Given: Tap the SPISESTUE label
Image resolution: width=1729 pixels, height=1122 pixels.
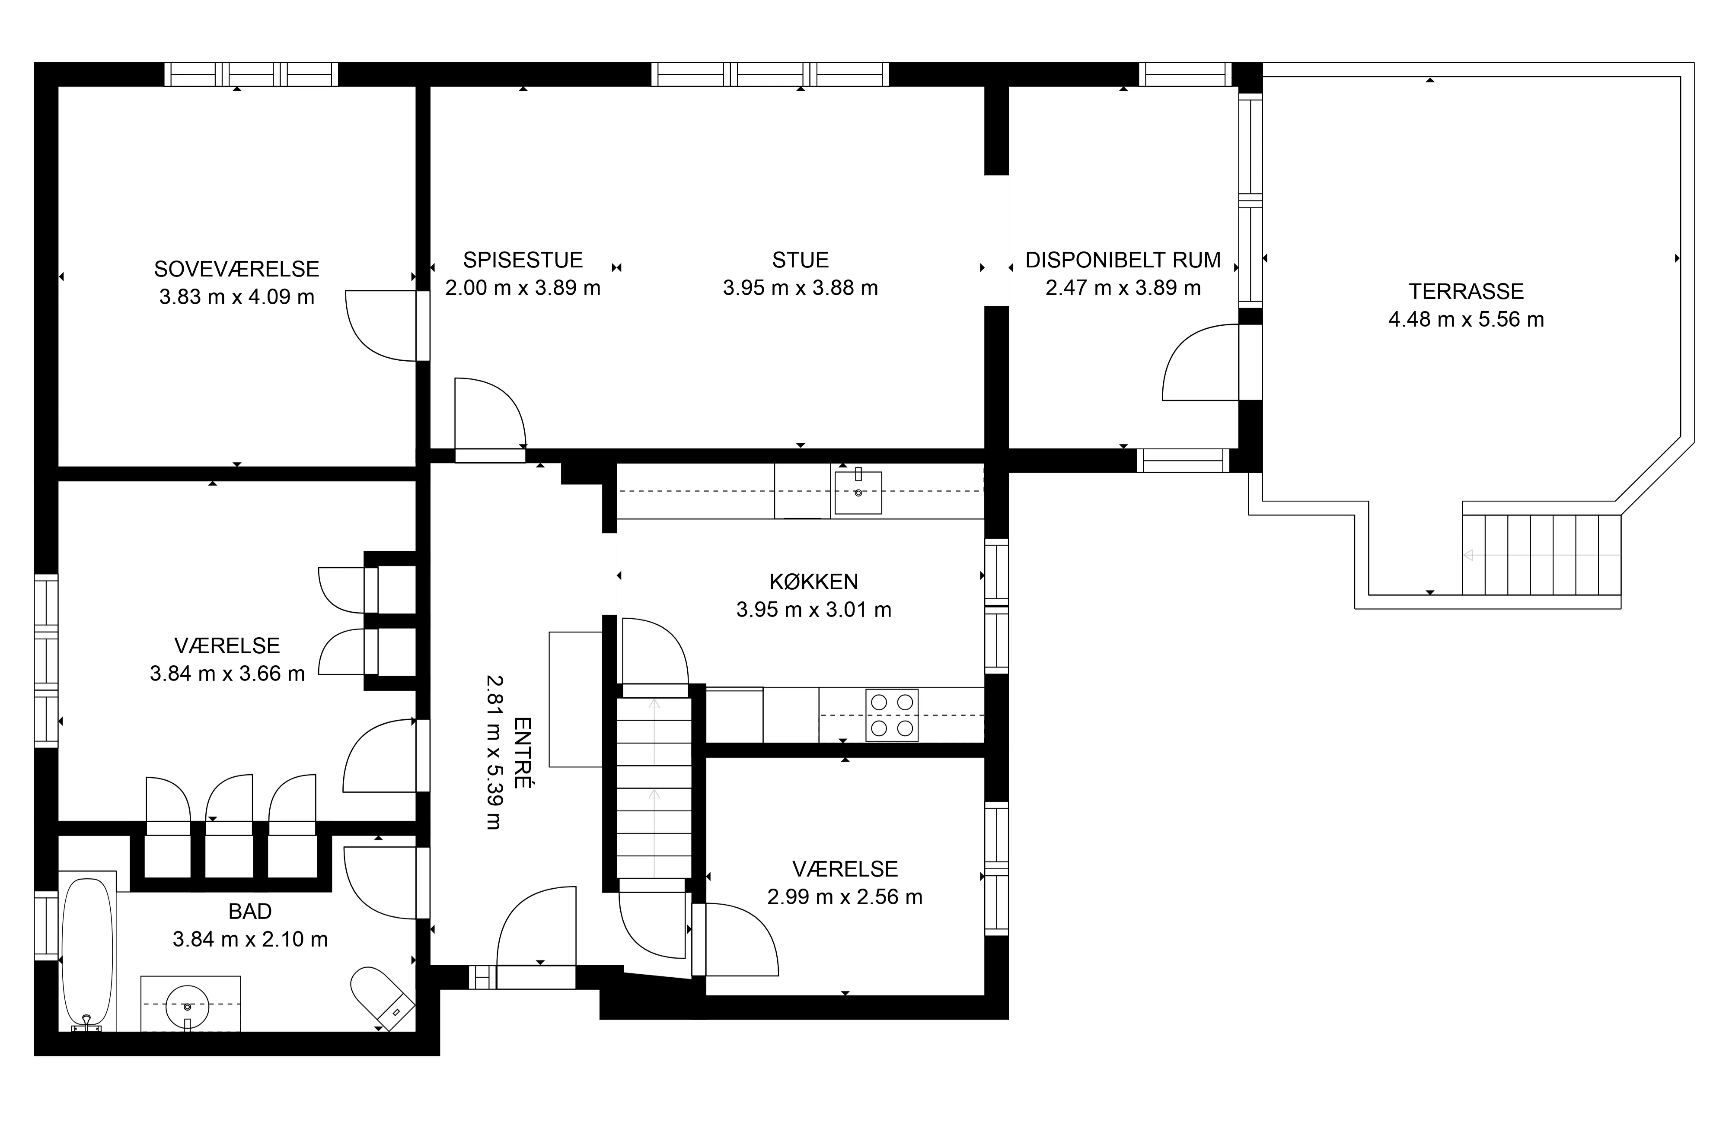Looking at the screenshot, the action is point(523,260).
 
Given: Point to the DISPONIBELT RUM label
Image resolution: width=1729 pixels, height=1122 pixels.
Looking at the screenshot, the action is point(1123,260).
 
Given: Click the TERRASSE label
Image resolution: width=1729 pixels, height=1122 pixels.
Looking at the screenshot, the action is point(1466,291).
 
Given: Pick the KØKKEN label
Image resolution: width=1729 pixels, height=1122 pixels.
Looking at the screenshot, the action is point(813,582).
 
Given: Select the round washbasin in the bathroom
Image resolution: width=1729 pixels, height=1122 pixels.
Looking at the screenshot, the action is point(188,1007).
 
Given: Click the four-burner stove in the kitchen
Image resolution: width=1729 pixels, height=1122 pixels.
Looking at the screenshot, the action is point(891,715).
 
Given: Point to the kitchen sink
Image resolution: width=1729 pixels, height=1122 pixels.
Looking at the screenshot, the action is point(858,492).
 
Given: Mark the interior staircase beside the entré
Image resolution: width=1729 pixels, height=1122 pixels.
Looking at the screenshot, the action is point(654,788).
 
